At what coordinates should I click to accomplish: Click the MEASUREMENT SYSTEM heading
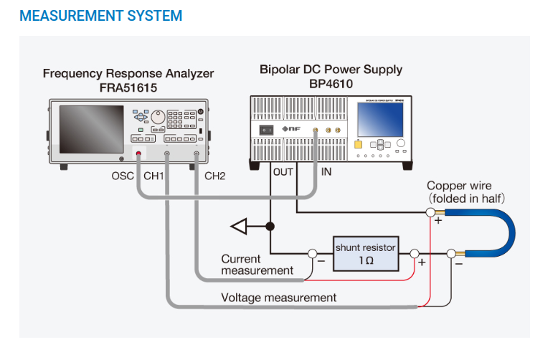(x=101, y=15)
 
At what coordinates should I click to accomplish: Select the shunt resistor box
(x=365, y=253)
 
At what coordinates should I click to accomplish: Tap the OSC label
(x=123, y=176)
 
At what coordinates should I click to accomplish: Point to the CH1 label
(x=154, y=176)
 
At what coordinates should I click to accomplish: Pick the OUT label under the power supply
(x=283, y=172)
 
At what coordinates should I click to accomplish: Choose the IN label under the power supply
(x=326, y=172)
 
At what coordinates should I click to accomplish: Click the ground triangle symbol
(x=239, y=227)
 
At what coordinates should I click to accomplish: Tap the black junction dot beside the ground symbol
(x=270, y=227)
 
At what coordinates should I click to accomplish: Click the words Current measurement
(x=257, y=265)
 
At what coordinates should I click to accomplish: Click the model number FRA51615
(x=128, y=87)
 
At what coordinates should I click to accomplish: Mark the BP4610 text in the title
(x=331, y=83)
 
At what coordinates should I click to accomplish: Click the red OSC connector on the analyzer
(x=138, y=153)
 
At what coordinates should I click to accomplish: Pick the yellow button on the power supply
(x=358, y=144)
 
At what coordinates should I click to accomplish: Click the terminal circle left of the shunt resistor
(x=313, y=253)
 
